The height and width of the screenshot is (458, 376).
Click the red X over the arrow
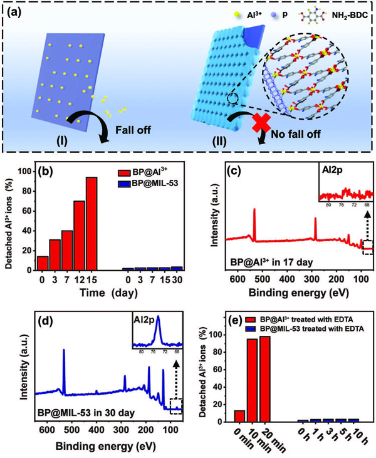pos(249,123)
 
